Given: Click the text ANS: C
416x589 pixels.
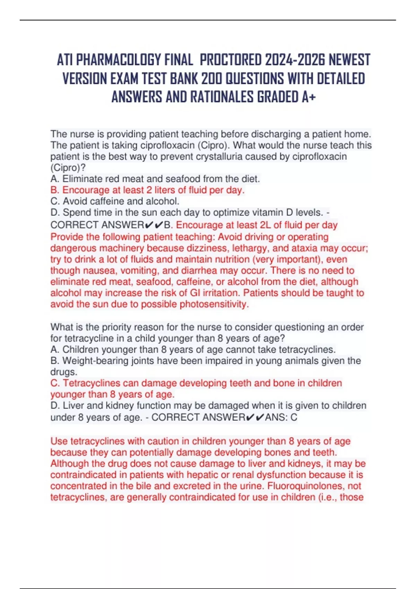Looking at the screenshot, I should [x=281, y=417].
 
